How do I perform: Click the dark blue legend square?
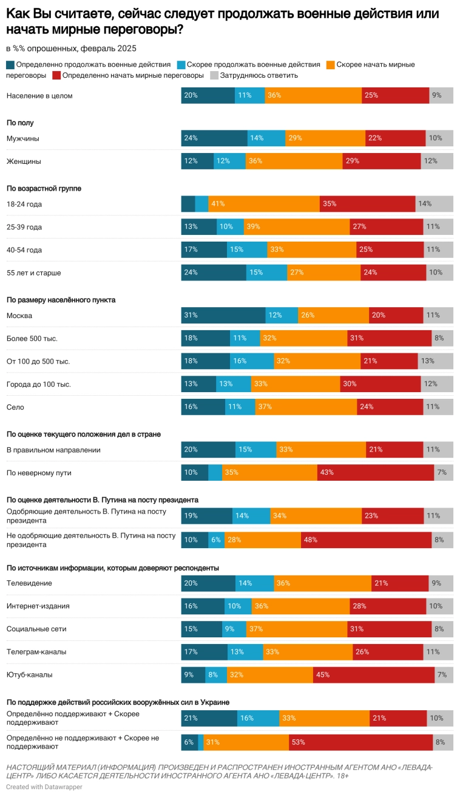pos(10,65)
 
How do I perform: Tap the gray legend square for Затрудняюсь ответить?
pos(214,76)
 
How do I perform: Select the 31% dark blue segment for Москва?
pos(223,316)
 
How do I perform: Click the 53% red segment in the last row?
pos(360,742)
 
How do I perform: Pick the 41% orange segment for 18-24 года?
pos(264,204)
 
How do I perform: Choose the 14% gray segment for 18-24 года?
pos(434,204)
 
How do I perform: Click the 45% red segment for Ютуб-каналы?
pos(373,674)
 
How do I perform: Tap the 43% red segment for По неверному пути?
pos(376,472)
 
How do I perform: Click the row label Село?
pos(15,407)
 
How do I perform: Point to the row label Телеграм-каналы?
pos(36,652)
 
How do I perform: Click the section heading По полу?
pos(20,123)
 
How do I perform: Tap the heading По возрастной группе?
pos(44,188)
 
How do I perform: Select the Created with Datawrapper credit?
pos(44,787)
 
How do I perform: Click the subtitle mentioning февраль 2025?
pos(71,49)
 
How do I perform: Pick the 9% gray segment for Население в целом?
pos(441,95)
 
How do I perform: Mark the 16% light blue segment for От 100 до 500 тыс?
pos(252,361)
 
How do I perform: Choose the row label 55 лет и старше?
pos(33,273)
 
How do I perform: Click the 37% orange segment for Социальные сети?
pos(297,629)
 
